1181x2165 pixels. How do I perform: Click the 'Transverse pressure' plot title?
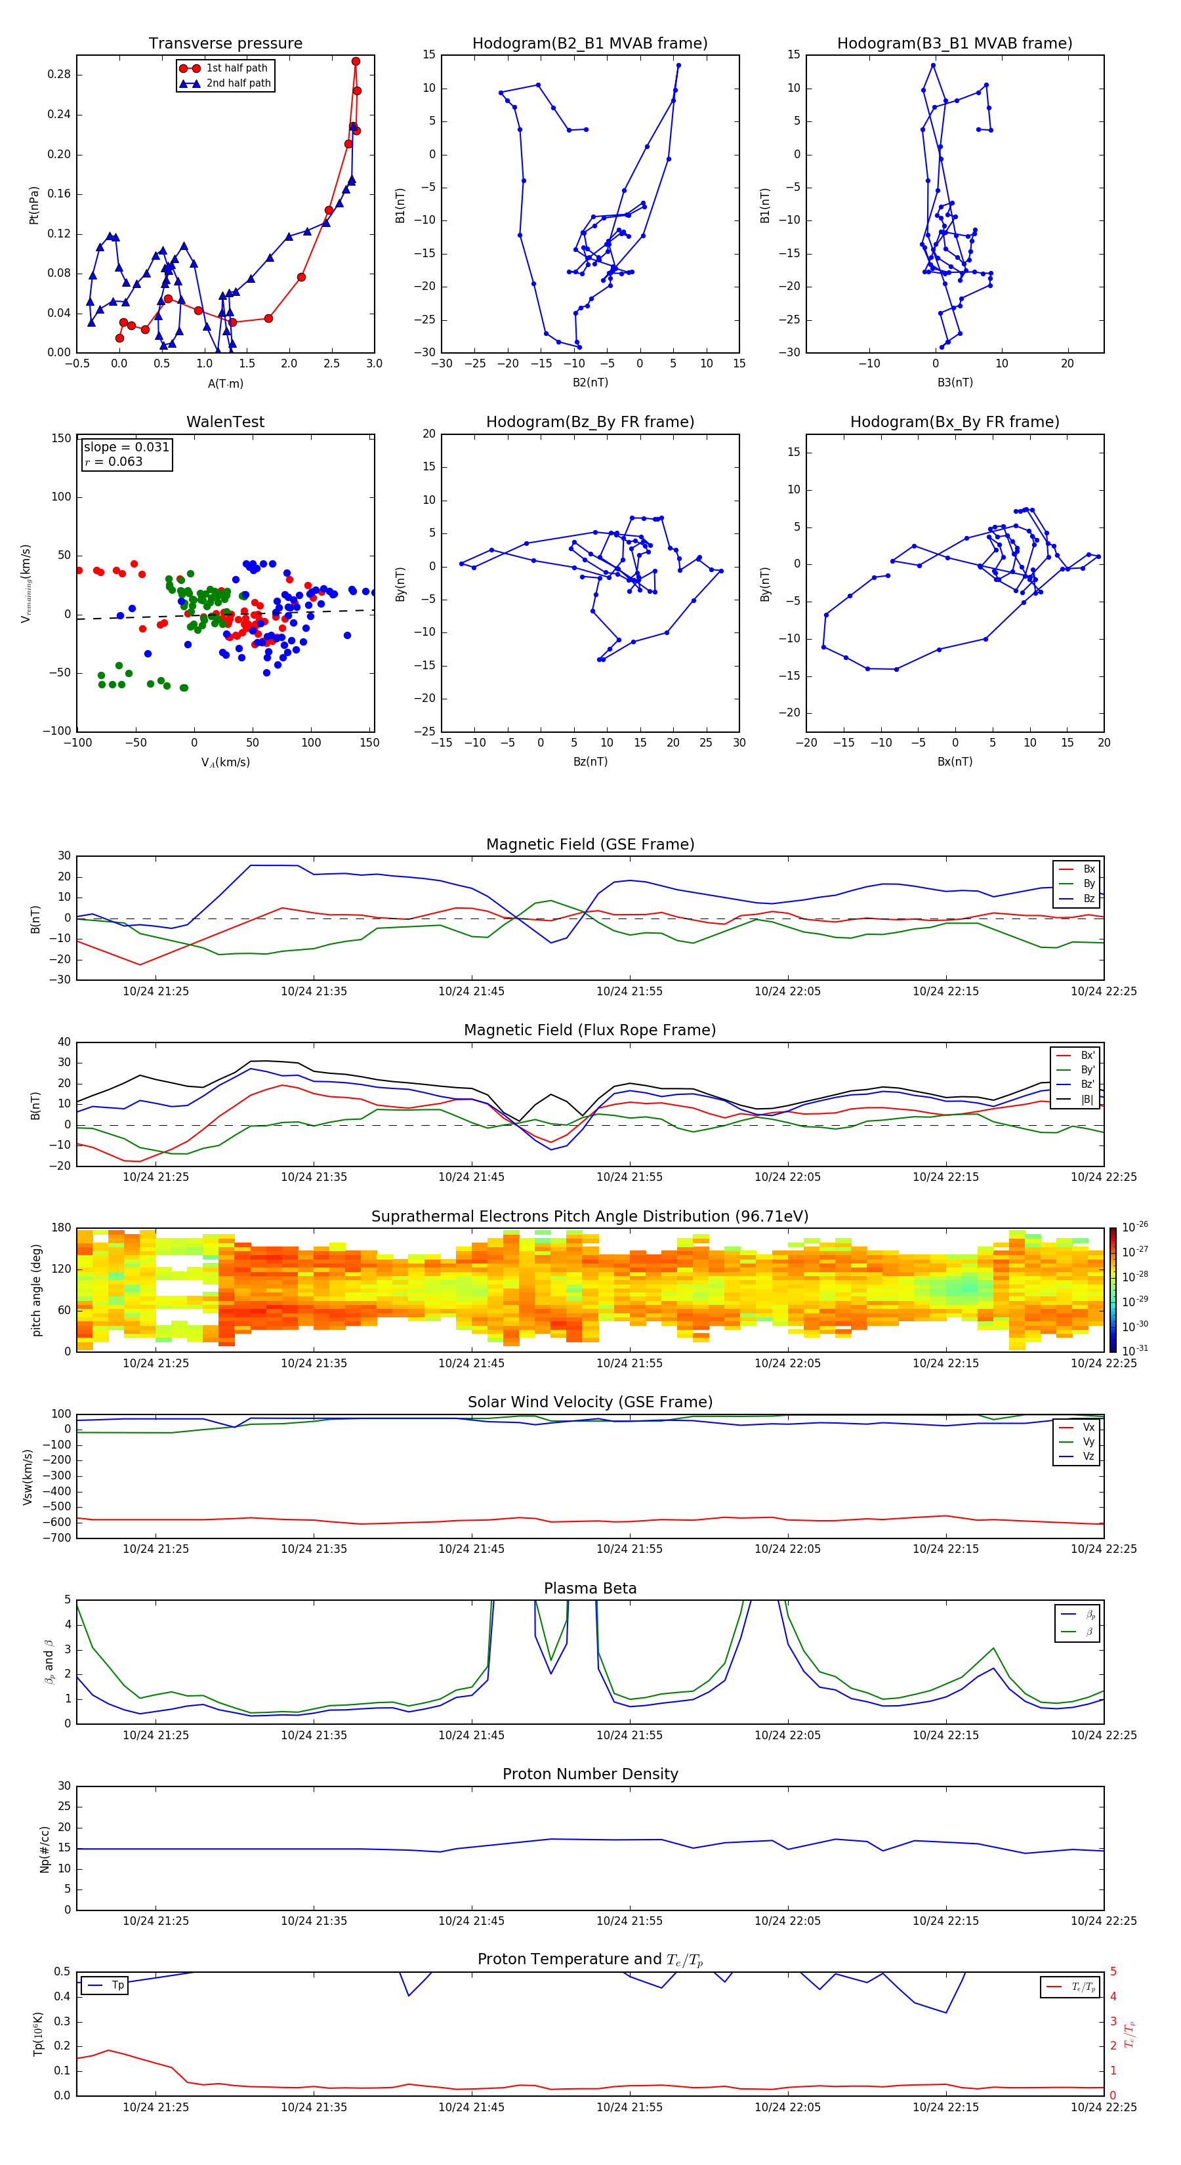225,44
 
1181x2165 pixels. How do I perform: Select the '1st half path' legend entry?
236,68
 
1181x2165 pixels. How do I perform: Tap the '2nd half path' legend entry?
238,83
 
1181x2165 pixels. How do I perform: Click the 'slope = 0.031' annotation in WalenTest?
126,447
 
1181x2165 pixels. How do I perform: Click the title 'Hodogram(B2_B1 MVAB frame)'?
589,44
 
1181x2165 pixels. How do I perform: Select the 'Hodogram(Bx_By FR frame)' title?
954,422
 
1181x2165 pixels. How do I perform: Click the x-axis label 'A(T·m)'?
225,383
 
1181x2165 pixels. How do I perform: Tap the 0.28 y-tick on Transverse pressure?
59,74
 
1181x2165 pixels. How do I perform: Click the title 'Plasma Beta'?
589,1588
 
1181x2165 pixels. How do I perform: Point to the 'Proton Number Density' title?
589,1774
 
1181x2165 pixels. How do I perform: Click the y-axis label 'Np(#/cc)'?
45,1848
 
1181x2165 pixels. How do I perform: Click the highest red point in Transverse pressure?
356,62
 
